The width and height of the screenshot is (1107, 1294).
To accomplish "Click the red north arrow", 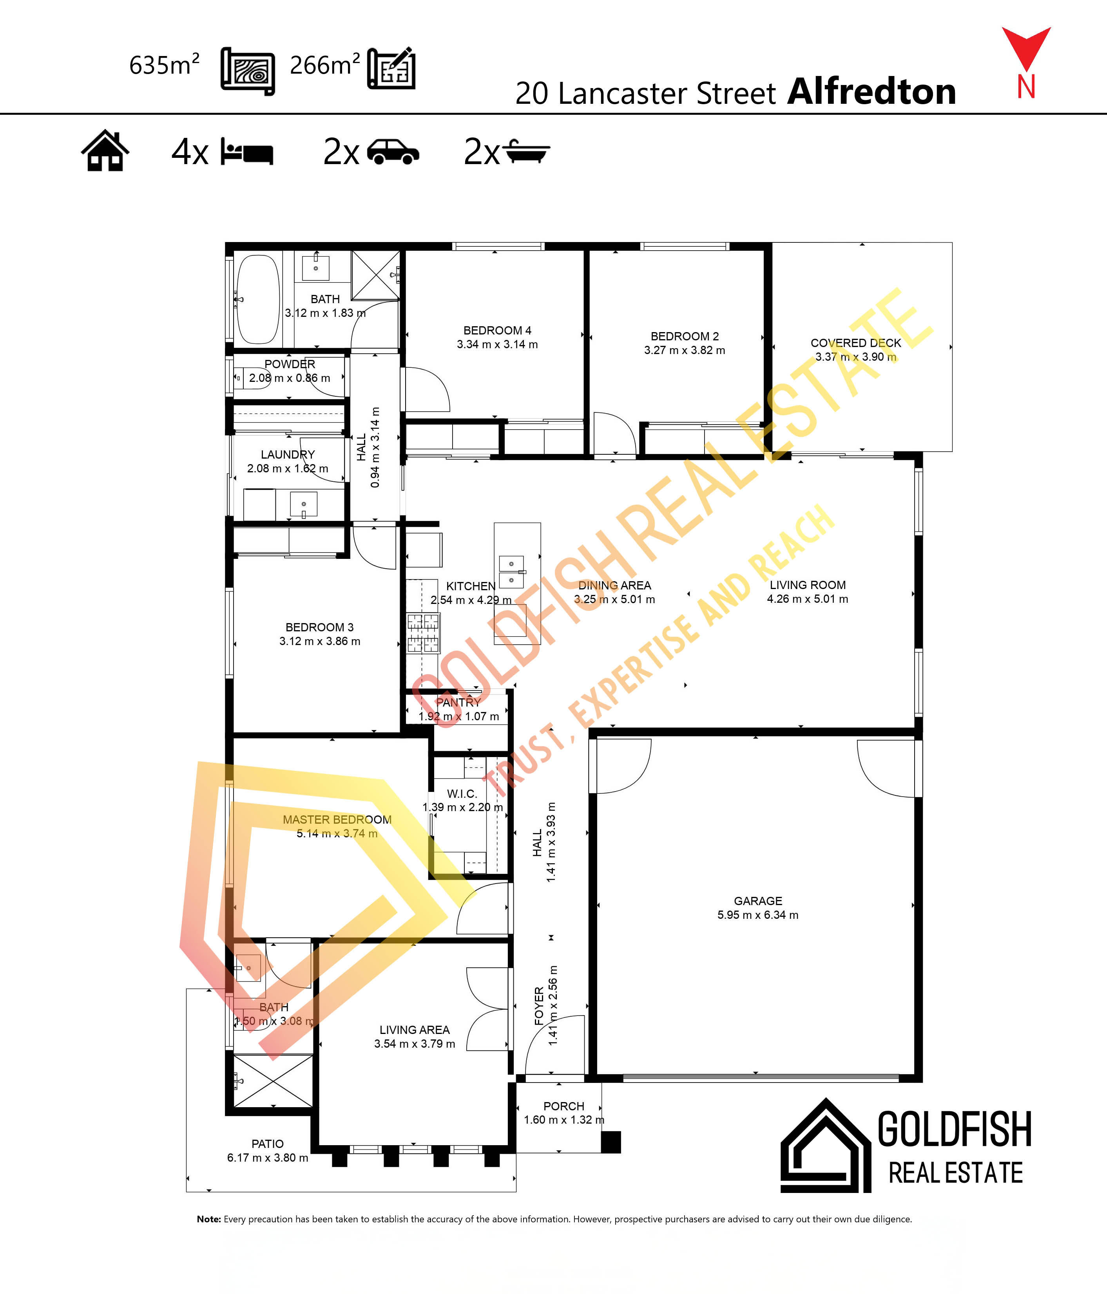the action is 1026,47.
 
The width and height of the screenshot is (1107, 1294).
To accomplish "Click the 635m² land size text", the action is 164,65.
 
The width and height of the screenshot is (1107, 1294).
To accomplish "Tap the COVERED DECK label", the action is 856,343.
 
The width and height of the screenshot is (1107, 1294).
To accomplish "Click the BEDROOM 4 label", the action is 497,331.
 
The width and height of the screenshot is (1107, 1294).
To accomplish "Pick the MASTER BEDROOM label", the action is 337,819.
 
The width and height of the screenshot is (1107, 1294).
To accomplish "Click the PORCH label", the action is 563,1106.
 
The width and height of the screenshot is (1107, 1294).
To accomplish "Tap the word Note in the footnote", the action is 208,1219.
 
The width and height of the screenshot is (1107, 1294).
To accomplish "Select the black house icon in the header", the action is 105,150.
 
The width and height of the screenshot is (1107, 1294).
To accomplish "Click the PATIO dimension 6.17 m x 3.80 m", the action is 267,1157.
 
